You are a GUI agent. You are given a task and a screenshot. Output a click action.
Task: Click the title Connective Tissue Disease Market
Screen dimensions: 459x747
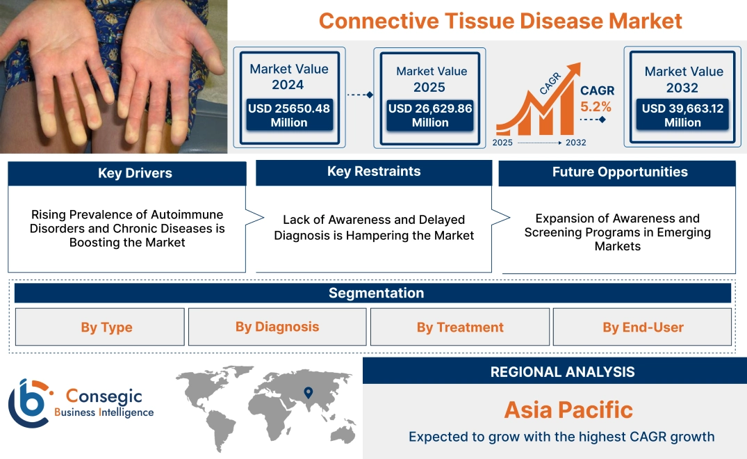tap(500, 20)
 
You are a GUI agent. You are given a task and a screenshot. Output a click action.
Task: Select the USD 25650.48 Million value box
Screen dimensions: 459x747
tap(289, 115)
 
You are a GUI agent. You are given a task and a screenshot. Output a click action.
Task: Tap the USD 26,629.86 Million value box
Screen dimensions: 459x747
tap(430, 115)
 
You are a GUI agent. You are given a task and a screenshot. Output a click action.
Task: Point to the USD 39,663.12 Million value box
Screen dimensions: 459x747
tap(682, 115)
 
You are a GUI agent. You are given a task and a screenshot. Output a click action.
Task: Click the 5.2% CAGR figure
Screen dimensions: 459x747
tap(596, 106)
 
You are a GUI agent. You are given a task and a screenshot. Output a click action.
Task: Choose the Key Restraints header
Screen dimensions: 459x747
tap(374, 171)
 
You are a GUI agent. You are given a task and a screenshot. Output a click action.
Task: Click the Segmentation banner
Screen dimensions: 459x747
tap(376, 293)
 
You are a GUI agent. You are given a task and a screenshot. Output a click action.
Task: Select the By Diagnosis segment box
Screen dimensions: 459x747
tap(277, 327)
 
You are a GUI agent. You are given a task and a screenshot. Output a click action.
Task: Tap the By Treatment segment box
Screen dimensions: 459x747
tap(460, 328)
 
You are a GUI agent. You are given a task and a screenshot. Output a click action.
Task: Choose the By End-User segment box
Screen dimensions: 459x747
tap(643, 328)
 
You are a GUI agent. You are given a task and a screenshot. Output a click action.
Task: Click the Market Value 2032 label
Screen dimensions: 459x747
tap(684, 79)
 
